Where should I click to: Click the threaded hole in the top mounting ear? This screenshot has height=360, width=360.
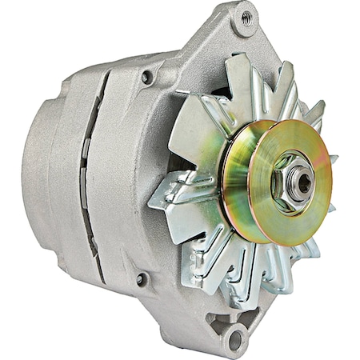(246, 17)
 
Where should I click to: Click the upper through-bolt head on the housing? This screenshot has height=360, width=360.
(146, 78)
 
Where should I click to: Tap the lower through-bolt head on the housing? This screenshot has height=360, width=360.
(142, 279)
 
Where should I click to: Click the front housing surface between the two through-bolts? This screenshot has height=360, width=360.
(136, 176)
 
